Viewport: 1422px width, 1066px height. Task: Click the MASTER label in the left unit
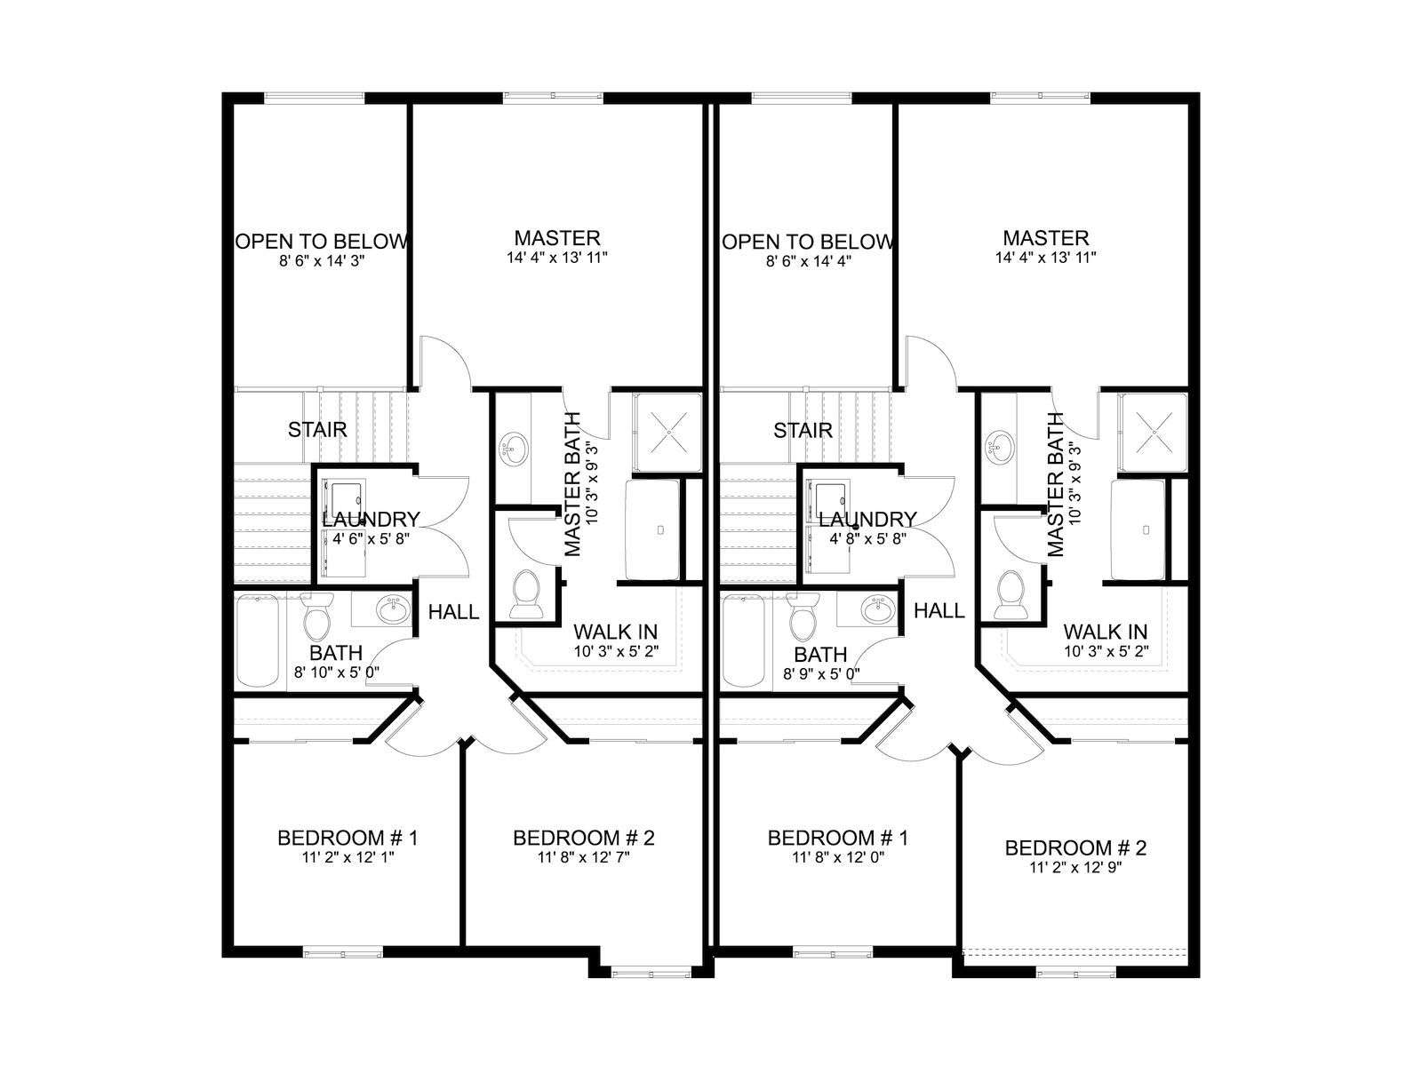(x=557, y=237)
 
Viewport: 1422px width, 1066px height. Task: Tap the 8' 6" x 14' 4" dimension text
(x=808, y=261)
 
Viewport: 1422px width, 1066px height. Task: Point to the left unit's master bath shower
(x=667, y=433)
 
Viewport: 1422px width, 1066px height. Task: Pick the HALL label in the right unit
(x=939, y=610)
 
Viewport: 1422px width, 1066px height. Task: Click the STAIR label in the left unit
(x=317, y=430)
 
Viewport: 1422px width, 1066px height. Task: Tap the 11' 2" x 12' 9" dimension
(x=1075, y=867)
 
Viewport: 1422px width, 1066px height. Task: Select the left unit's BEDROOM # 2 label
(x=584, y=838)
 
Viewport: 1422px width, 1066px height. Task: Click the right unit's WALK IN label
(x=1106, y=631)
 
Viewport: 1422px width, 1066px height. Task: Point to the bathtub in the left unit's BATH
(x=258, y=641)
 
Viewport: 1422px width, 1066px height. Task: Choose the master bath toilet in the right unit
(x=1008, y=594)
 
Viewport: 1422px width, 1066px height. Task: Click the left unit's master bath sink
(x=515, y=447)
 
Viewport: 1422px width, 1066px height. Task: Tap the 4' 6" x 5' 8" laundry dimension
(x=371, y=538)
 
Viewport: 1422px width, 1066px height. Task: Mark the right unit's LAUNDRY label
(x=867, y=519)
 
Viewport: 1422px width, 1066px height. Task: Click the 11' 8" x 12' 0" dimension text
(x=838, y=857)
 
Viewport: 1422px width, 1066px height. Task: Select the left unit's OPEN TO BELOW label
(x=322, y=242)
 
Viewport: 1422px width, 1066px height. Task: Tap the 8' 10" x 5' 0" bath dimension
(x=337, y=672)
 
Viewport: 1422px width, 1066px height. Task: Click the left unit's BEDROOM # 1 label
(x=348, y=838)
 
